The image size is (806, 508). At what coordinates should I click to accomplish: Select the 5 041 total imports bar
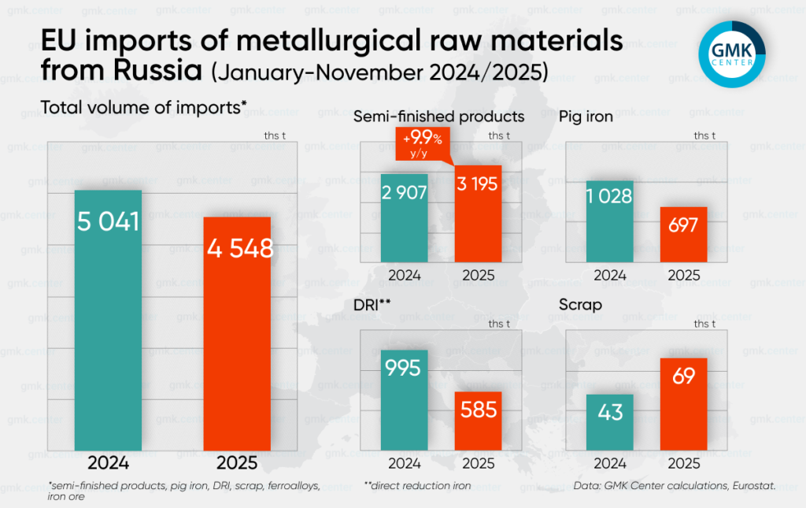click(x=108, y=319)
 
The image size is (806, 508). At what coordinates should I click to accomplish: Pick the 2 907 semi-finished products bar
click(x=403, y=219)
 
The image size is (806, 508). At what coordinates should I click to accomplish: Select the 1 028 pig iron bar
click(x=609, y=221)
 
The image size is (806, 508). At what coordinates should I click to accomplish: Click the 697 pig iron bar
click(x=683, y=235)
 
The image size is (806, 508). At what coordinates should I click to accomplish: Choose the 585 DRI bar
click(x=478, y=421)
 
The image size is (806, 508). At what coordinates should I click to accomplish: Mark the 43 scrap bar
click(x=609, y=421)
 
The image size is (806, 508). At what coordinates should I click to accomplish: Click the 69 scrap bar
click(x=683, y=403)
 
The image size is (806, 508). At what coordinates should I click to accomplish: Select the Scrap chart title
click(x=581, y=304)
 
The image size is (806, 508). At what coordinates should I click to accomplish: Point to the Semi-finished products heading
click(x=438, y=116)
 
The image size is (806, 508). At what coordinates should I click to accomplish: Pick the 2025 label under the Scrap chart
click(x=683, y=463)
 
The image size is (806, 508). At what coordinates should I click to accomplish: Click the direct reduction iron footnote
click(x=417, y=486)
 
